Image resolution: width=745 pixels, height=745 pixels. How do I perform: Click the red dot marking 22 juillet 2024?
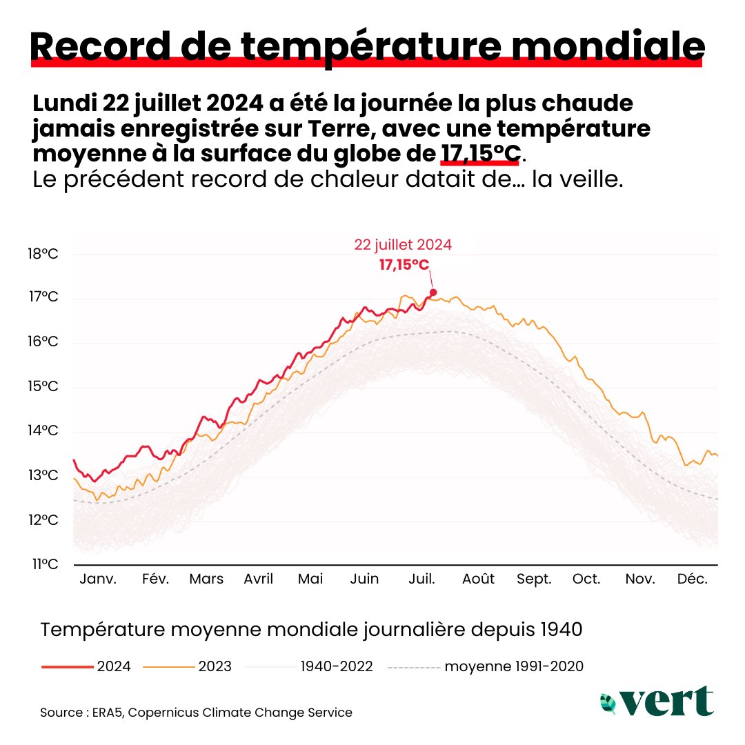coord(433,292)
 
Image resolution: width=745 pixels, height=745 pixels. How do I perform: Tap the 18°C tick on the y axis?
coord(43,254)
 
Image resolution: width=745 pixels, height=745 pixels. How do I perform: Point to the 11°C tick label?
coord(43,564)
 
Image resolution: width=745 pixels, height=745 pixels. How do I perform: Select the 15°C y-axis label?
coord(43,386)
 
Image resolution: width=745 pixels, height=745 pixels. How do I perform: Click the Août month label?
coord(478,579)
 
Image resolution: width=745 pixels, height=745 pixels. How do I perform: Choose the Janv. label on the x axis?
coord(98,579)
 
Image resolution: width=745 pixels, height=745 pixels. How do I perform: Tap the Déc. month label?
coord(692,579)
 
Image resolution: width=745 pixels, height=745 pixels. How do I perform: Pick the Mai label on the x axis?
coord(310,579)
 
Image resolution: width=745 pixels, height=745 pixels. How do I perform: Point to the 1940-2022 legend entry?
coord(310,666)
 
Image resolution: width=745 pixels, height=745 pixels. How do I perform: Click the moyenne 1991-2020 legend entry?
coord(486,666)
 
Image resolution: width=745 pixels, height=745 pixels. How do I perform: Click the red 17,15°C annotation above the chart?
coord(404,264)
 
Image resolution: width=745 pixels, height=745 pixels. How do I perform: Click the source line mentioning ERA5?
coord(196,713)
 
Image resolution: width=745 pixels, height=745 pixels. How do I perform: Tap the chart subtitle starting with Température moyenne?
coord(311,630)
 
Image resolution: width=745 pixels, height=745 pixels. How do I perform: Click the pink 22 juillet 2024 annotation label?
coord(404,244)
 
